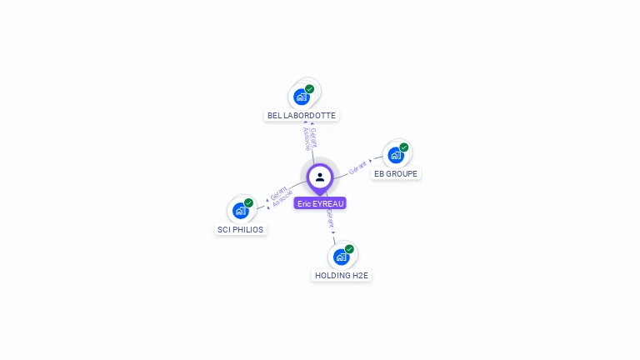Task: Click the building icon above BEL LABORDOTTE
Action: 302,96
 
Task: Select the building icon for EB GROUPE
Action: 395,154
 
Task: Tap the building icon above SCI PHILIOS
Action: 240,210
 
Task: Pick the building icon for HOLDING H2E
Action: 340,256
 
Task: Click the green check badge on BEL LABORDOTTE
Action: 310,89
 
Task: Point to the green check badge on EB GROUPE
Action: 404,147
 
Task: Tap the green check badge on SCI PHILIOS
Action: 248,203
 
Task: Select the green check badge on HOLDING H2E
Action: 349,249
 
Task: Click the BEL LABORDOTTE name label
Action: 302,115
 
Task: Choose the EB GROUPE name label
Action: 396,173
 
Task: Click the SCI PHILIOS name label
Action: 240,229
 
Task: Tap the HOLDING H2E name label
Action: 341,275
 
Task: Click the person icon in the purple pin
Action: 320,177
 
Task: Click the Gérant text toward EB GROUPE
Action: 357,166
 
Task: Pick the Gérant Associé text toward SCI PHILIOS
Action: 281,197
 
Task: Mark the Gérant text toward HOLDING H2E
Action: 331,219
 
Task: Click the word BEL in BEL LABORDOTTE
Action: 274,115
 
